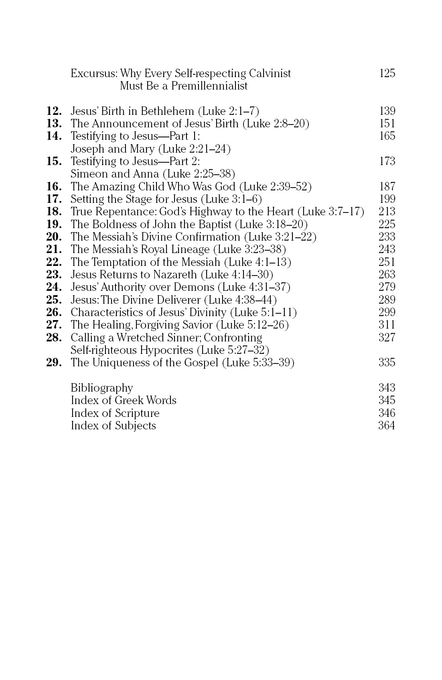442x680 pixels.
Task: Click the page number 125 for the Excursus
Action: (387, 73)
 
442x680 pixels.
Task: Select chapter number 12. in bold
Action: (54, 111)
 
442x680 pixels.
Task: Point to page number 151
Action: (387, 123)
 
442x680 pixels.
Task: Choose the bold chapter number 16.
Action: (54, 186)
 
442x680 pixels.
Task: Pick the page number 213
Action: (387, 211)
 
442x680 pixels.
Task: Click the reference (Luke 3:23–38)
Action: (249, 249)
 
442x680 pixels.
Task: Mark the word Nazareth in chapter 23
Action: (175, 275)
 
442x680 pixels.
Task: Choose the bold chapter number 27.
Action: (54, 325)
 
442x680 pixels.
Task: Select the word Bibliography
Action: (102, 388)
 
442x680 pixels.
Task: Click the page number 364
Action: (387, 426)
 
